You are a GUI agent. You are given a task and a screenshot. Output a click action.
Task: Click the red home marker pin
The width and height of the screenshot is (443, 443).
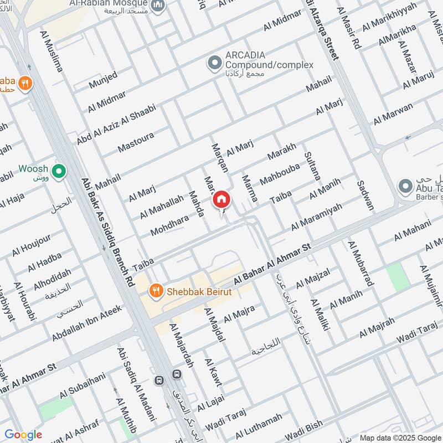coord(221,199)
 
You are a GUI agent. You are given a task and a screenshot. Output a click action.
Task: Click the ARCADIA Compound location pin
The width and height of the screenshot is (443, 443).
coord(214,64)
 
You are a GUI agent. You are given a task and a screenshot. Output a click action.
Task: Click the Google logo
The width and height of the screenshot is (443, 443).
coord(23,435)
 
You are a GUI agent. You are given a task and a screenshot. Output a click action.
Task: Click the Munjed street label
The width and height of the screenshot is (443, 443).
coord(103,81)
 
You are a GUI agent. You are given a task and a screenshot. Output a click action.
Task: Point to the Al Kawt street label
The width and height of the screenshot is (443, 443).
coord(213,372)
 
